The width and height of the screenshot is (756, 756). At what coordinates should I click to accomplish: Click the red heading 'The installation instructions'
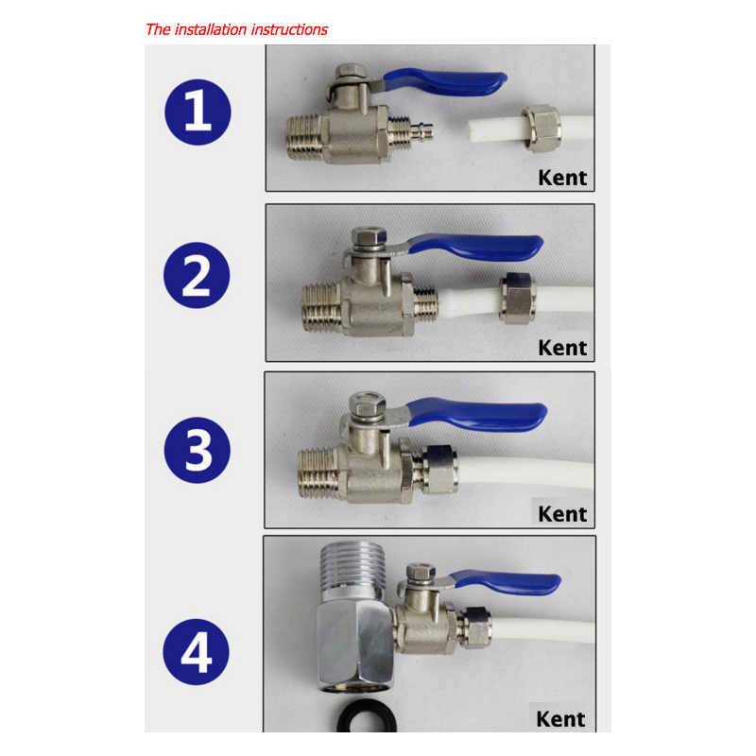click(236, 30)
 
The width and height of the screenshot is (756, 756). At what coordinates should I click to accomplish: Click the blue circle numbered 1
click(198, 112)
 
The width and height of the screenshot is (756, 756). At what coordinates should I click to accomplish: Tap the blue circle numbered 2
click(197, 275)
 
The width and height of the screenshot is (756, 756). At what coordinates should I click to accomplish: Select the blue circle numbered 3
click(198, 450)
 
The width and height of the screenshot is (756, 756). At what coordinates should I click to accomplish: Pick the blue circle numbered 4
click(197, 652)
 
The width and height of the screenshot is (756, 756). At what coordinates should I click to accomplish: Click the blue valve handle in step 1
click(446, 82)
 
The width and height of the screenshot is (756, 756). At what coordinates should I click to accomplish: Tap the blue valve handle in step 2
click(477, 247)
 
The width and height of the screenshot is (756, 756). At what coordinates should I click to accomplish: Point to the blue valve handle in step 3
click(477, 414)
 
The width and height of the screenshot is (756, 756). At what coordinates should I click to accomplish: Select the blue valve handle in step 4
click(507, 582)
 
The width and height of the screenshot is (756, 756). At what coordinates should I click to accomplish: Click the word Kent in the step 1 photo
click(562, 178)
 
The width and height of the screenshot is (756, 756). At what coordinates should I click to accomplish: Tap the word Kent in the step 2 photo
click(562, 348)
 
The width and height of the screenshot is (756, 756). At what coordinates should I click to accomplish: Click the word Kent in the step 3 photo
click(562, 514)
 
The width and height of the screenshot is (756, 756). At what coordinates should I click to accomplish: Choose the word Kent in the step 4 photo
click(560, 719)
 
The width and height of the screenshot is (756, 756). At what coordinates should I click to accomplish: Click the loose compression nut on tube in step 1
click(541, 128)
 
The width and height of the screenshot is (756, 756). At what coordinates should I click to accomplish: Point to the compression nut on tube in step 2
click(518, 299)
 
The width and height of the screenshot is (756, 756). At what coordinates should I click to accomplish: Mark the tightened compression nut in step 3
click(439, 469)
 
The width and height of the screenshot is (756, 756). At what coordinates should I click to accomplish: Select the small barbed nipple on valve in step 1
click(421, 130)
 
